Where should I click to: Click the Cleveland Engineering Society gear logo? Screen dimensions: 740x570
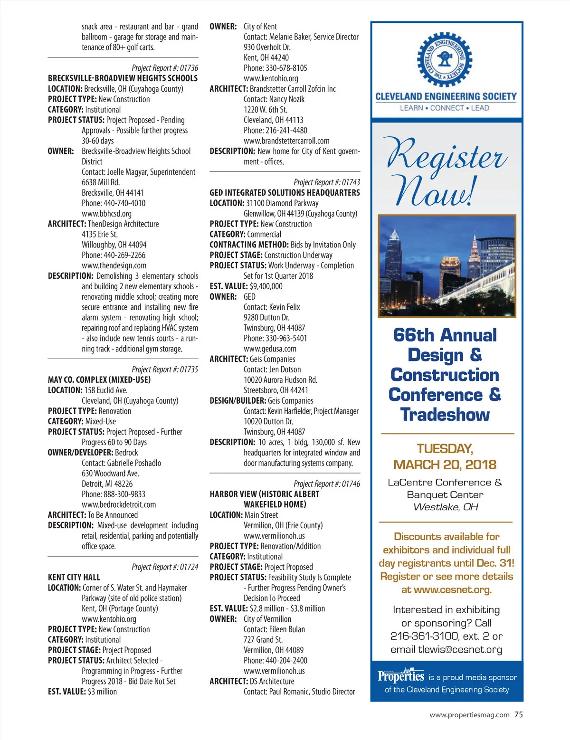click(x=445, y=60)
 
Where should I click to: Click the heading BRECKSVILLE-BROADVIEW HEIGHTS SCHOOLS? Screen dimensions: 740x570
click(x=123, y=78)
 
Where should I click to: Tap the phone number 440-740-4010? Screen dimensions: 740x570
click(x=124, y=203)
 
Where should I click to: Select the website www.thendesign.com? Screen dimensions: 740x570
click(x=114, y=266)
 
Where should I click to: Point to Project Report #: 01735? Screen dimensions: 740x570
click(x=165, y=370)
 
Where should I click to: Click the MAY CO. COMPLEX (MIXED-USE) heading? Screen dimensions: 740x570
click(x=99, y=380)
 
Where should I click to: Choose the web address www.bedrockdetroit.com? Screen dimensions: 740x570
click(x=119, y=504)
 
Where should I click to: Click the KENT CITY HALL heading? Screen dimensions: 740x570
click(x=74, y=578)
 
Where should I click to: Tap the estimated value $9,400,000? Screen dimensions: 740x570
click(x=266, y=286)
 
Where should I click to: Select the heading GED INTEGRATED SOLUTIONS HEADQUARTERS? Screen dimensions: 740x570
click(x=285, y=193)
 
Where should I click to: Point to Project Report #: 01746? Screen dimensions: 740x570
click(x=327, y=484)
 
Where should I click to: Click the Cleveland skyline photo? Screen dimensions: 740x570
click(x=446, y=266)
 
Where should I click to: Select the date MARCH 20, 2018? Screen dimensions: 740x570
click(x=445, y=465)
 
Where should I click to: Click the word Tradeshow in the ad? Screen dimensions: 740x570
click(x=445, y=415)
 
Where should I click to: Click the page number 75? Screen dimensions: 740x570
click(x=518, y=715)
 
